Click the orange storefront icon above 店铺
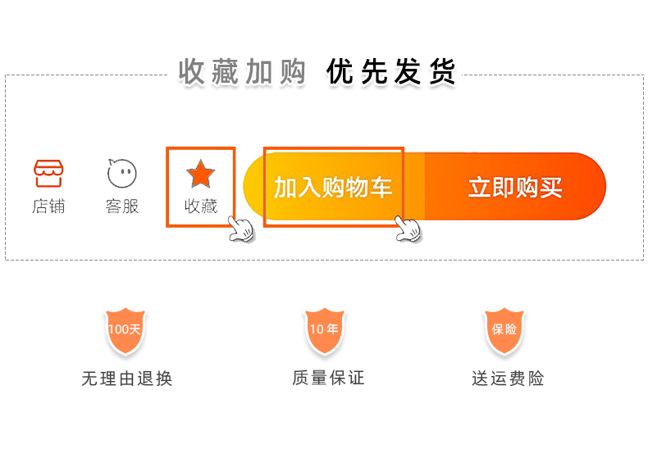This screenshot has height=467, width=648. pos(48,173)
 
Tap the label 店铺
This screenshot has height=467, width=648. pos(48,206)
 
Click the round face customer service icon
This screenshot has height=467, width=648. pos(122,173)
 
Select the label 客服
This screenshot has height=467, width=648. pos(122,206)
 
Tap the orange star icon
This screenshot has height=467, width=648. pos(201,173)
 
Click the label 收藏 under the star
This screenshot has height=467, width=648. pos(201,206)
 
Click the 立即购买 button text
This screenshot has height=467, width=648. pos(515,187)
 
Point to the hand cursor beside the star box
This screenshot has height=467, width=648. pos(240,229)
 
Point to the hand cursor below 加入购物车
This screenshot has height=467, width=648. pos(408,229)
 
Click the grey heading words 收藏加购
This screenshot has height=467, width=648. pos(243,72)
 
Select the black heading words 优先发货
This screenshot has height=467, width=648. pos(390,72)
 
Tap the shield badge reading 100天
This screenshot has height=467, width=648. pos(125,330)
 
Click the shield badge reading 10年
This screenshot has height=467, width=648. pos(324,330)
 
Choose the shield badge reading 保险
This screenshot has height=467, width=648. pos(504,330)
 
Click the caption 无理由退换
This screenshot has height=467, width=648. pos(127,379)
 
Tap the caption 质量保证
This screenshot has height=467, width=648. pos(328,378)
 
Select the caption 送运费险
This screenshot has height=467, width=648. pos(508,379)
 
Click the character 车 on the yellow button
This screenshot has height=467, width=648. pos(381,188)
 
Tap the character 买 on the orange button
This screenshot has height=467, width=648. pos(551,187)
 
